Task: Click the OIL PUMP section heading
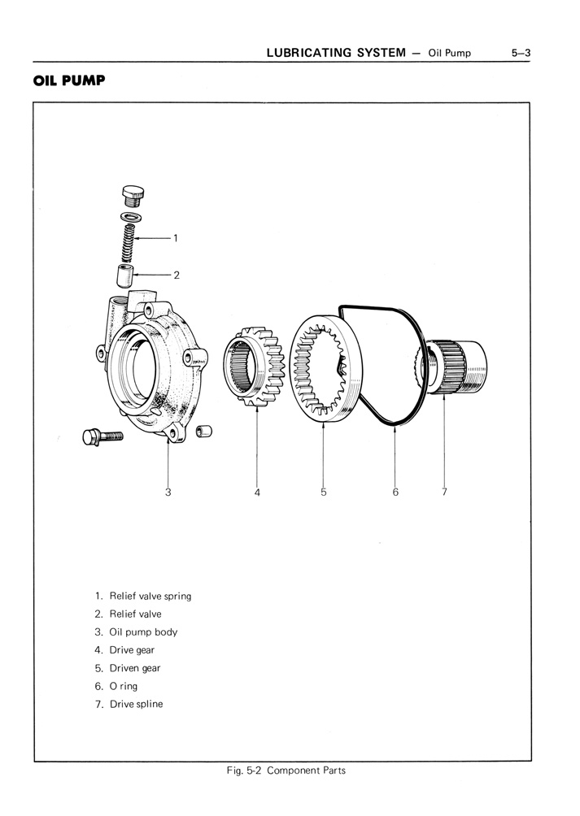tap(68, 80)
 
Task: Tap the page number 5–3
tap(520, 53)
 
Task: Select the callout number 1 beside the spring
tap(176, 238)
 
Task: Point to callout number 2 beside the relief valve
tap(177, 275)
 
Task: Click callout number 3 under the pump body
tap(168, 492)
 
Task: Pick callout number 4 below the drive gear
tap(257, 492)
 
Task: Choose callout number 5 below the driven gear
tap(323, 492)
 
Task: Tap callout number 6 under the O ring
tap(395, 492)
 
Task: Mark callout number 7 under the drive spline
tap(444, 492)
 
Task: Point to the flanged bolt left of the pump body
tap(102, 436)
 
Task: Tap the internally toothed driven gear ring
tap(326, 368)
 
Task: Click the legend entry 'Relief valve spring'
tap(143, 597)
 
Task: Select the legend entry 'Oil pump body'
tap(137, 632)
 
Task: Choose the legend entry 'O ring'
tap(116, 687)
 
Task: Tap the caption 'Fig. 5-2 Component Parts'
tap(286, 770)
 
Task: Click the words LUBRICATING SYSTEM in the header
tap(336, 53)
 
